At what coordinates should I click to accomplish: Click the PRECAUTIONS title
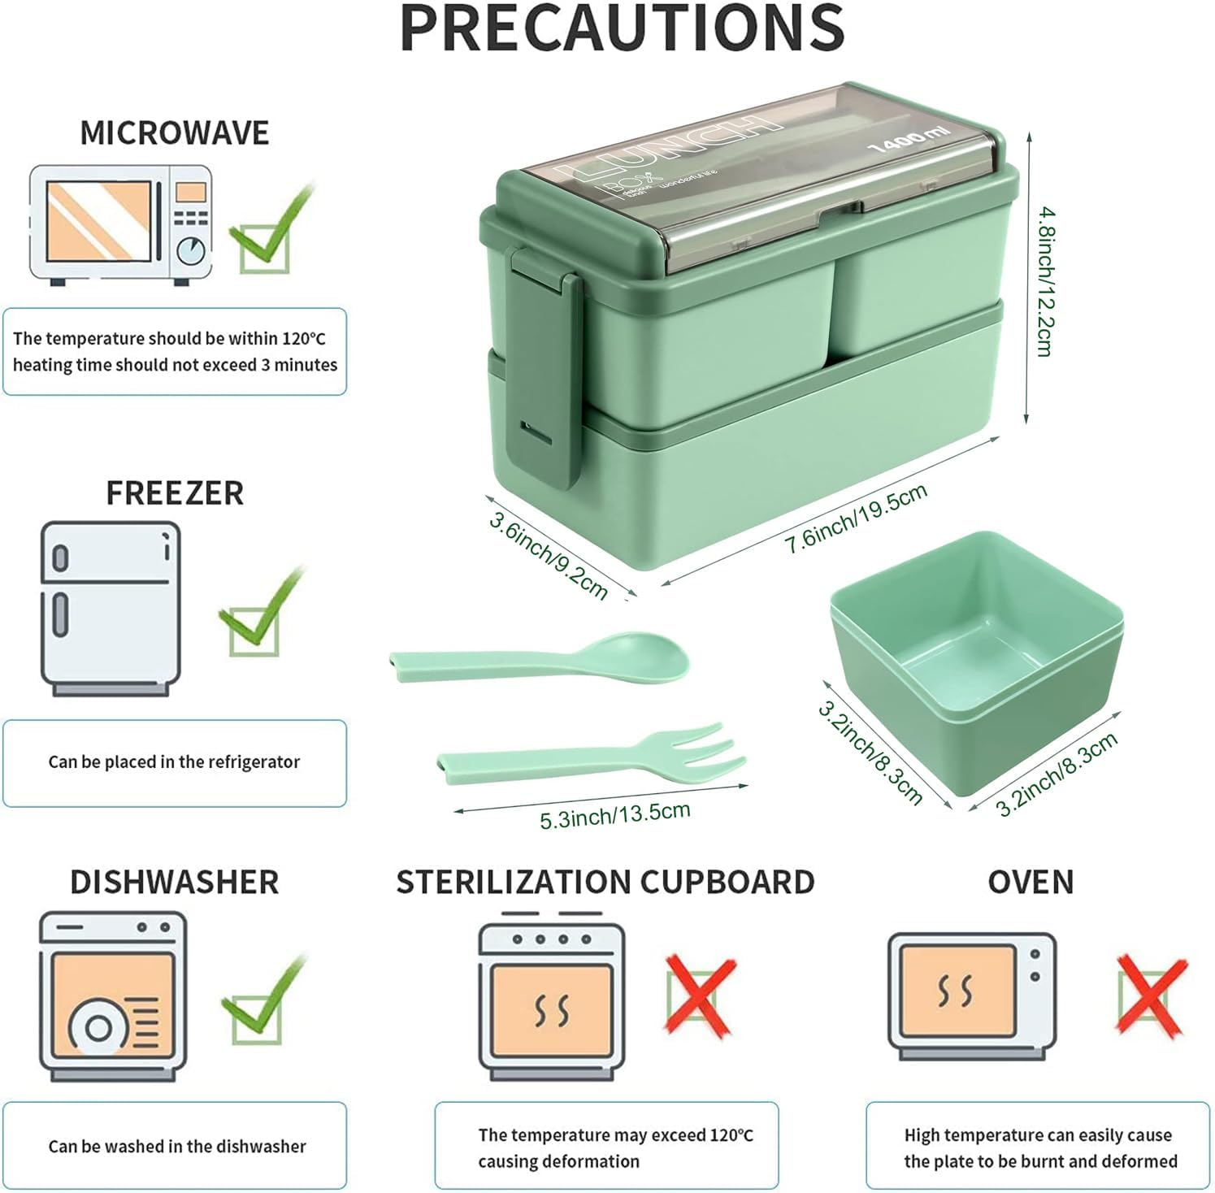(623, 28)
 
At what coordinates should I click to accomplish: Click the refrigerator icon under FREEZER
(111, 609)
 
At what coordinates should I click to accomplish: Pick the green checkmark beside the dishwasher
(262, 1001)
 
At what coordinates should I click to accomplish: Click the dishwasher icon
(113, 996)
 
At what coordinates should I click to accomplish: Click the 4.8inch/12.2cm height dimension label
(1045, 281)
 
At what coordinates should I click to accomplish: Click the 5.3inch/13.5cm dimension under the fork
(614, 813)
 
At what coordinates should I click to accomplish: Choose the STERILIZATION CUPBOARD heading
(605, 882)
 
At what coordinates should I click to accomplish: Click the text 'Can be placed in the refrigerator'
(174, 761)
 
